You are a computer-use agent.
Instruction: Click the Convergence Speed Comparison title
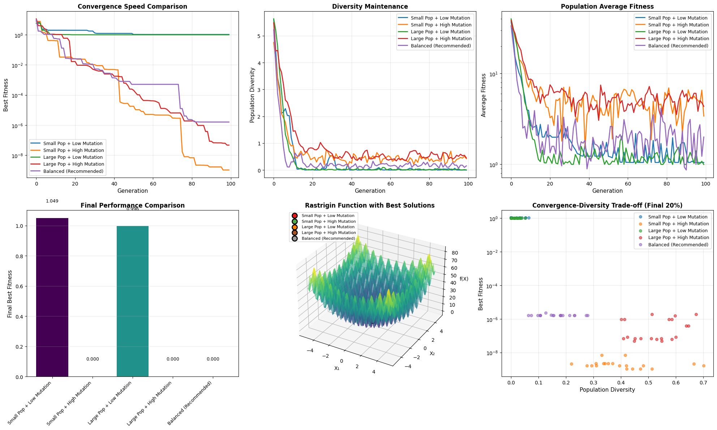tap(132, 7)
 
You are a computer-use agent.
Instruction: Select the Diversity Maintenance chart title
tap(370, 7)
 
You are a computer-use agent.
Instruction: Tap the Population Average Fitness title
tap(607, 7)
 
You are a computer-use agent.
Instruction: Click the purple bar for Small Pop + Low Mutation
tap(52, 297)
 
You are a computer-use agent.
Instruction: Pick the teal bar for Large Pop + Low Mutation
tap(132, 301)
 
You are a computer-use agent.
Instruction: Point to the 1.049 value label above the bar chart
tap(52, 201)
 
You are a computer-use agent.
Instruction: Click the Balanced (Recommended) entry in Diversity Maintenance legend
tap(441, 46)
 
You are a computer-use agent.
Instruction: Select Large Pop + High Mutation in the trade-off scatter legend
tap(678, 238)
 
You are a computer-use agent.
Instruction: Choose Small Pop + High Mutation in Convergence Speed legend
tap(73, 150)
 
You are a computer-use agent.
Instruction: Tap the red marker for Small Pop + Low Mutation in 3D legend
tap(295, 216)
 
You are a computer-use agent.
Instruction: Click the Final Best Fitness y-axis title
tap(10, 294)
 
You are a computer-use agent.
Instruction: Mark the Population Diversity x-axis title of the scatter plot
tap(607, 390)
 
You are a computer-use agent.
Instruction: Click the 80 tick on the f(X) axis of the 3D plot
tap(454, 253)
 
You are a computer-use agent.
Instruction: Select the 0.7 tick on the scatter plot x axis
tap(703, 383)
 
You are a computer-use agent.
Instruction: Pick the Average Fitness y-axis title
tap(484, 95)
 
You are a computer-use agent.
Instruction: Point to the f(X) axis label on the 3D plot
tap(464, 279)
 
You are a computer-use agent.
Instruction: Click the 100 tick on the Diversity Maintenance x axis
tap(468, 184)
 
